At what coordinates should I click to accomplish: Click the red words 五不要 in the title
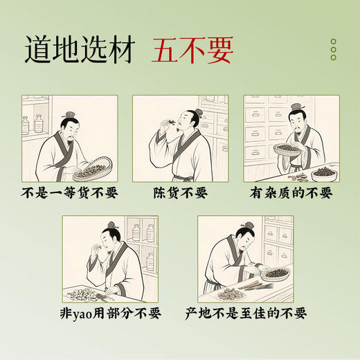pos(192,51)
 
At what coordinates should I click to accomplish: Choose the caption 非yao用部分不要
pos(111,313)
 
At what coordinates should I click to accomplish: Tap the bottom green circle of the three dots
pos(333,57)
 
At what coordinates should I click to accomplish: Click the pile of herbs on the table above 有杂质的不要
pos(323,170)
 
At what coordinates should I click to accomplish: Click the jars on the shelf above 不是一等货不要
pos(33,125)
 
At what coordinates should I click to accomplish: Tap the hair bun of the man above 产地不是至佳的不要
pos(247,227)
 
